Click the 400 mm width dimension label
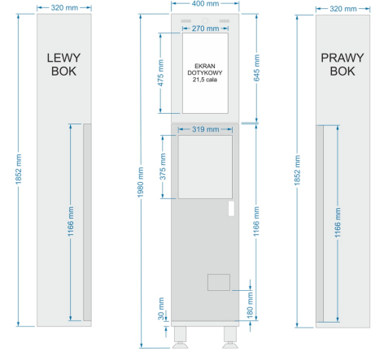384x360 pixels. pos(205,4)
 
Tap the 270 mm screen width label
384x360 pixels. pos(205,28)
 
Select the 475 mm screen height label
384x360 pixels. pos(160,73)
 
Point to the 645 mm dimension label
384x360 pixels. pos(256,68)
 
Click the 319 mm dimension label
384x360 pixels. pos(206,129)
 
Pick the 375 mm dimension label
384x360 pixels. pos(163,167)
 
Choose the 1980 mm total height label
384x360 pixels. pos(141,182)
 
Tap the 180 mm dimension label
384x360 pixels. pos(250,305)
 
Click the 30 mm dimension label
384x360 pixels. pos(161,309)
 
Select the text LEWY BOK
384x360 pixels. pos(63,64)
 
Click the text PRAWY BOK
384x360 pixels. pos(343,64)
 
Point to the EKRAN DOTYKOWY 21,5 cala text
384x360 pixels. pos(205,72)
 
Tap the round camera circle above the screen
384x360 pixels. pos(205,20)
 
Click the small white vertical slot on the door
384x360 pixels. pos(231,208)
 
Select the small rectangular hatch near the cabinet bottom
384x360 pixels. pos(219,282)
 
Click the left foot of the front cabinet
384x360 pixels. pos(180,337)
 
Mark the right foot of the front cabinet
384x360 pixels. pos(230,337)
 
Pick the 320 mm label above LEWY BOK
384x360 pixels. pos(64,8)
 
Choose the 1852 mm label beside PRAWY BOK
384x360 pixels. pos(297,171)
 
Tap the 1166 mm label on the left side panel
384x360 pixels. pos(71,221)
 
